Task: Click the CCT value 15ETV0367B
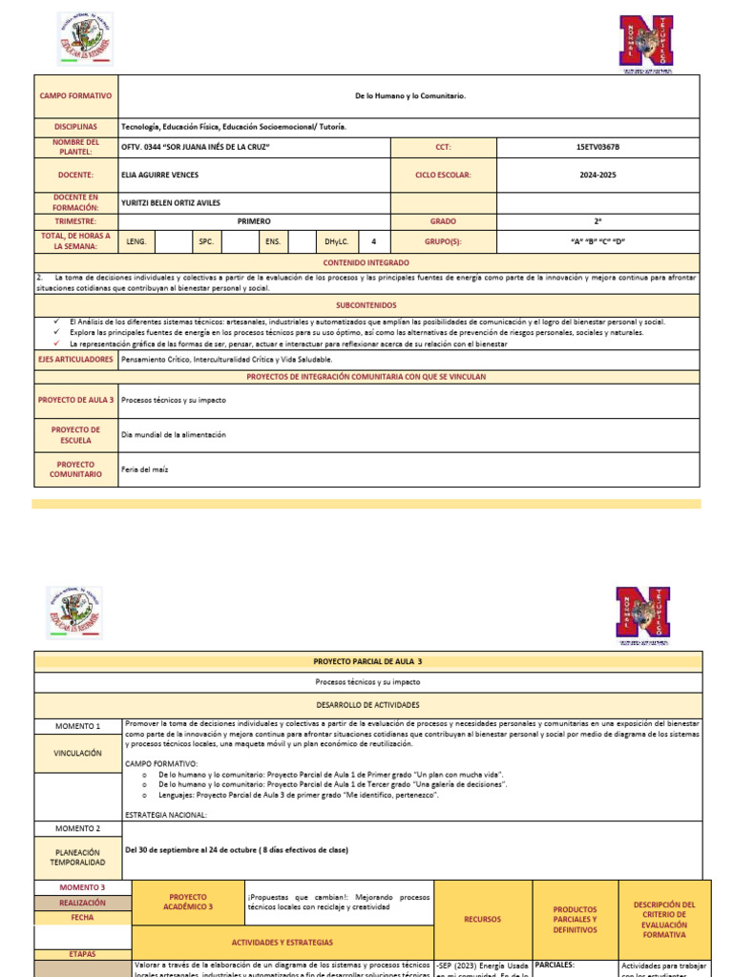click(x=598, y=148)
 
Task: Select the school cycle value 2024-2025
click(x=598, y=175)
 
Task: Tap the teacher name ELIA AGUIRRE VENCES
click(x=160, y=175)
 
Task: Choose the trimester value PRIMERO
click(x=254, y=220)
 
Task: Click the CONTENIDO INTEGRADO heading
click(x=366, y=261)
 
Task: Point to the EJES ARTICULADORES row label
click(x=75, y=360)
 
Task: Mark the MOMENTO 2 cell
click(x=77, y=828)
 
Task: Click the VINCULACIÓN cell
click(x=77, y=753)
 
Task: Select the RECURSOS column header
click(x=481, y=920)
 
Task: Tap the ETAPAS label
click(x=82, y=953)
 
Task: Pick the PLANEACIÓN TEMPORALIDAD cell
click(x=77, y=856)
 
